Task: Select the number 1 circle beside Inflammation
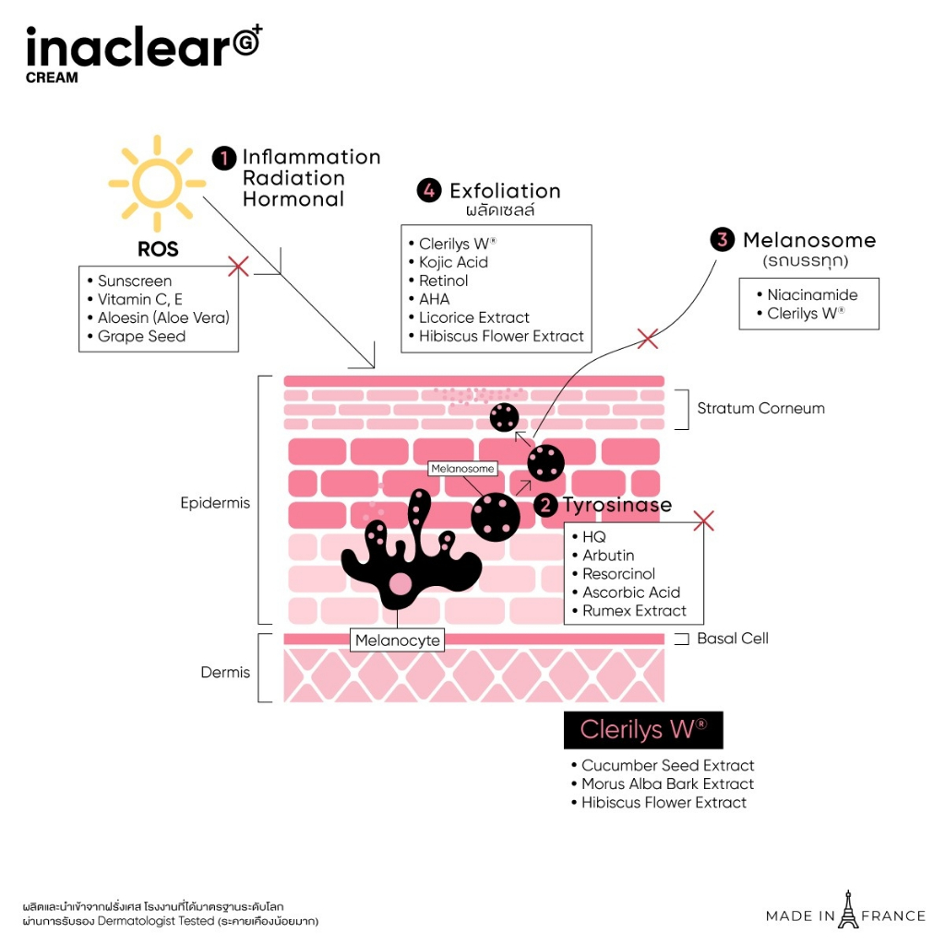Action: click(224, 158)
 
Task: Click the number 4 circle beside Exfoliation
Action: click(429, 191)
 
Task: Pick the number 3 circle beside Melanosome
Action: click(723, 240)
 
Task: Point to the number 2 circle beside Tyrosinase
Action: click(547, 505)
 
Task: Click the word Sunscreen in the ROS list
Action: click(135, 281)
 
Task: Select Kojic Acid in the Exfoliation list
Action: click(453, 262)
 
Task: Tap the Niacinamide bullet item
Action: click(812, 295)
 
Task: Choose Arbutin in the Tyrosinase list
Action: click(608, 556)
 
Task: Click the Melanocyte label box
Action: click(398, 640)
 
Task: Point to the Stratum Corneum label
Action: click(760, 408)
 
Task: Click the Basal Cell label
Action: click(732, 639)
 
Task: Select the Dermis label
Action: click(225, 673)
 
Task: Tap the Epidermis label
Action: click(215, 504)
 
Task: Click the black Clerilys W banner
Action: click(643, 730)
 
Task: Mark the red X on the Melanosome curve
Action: click(648, 339)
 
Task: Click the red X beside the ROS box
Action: click(238, 267)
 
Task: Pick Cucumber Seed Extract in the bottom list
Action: click(667, 765)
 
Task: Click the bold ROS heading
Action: click(158, 250)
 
